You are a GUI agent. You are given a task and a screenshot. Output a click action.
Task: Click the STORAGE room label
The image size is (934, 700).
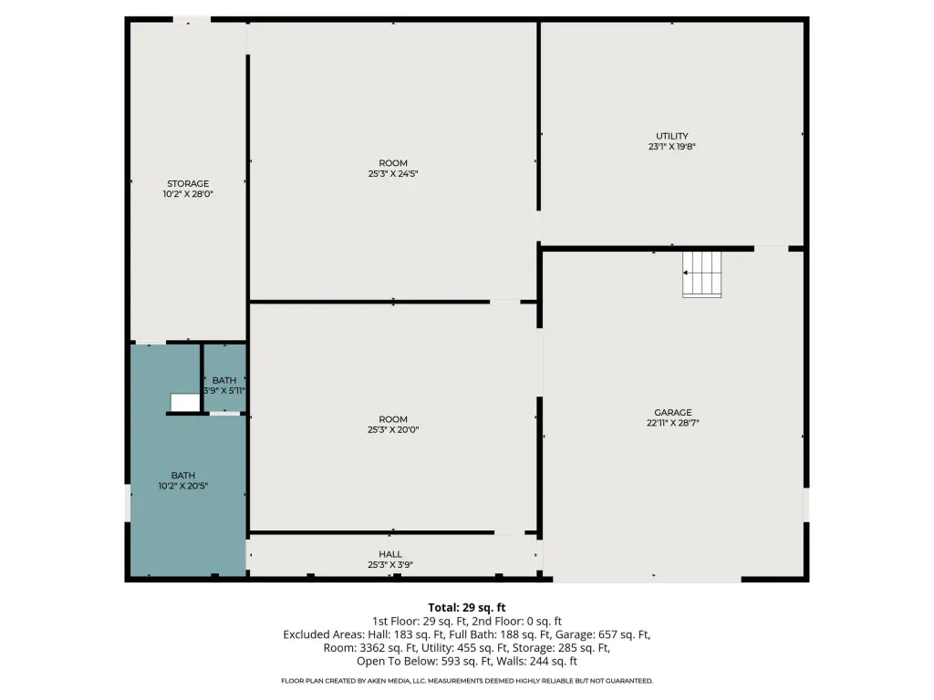coord(188,183)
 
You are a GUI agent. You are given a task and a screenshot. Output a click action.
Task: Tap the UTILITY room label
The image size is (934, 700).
coord(672,136)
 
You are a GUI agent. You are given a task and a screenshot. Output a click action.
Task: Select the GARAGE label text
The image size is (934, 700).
coord(673,412)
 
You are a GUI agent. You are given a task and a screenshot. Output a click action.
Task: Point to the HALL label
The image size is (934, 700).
coord(390,554)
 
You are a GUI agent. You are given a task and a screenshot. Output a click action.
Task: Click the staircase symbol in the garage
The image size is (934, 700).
coord(701,273)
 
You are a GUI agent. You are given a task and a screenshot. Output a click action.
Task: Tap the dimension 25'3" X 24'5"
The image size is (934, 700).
coord(393,174)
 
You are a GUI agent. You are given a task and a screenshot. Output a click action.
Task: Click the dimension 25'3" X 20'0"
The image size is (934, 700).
coord(393,430)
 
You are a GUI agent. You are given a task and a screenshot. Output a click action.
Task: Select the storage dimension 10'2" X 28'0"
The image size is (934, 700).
coord(188,194)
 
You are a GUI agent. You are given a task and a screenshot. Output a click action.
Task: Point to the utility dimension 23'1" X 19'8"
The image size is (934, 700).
coord(672,147)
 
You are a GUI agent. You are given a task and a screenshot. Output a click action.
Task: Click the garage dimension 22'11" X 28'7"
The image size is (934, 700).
coord(673,423)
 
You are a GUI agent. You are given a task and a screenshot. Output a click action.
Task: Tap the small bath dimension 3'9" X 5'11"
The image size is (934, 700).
coord(224,391)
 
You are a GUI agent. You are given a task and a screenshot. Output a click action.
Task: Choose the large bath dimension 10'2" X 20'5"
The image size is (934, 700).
coord(182,486)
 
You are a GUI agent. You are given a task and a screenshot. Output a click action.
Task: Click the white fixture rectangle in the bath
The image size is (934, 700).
coord(185,402)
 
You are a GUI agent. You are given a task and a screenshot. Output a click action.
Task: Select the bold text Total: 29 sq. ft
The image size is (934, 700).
coord(467,608)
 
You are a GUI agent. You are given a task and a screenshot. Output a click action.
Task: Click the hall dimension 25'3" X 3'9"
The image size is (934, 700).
coord(390,565)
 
